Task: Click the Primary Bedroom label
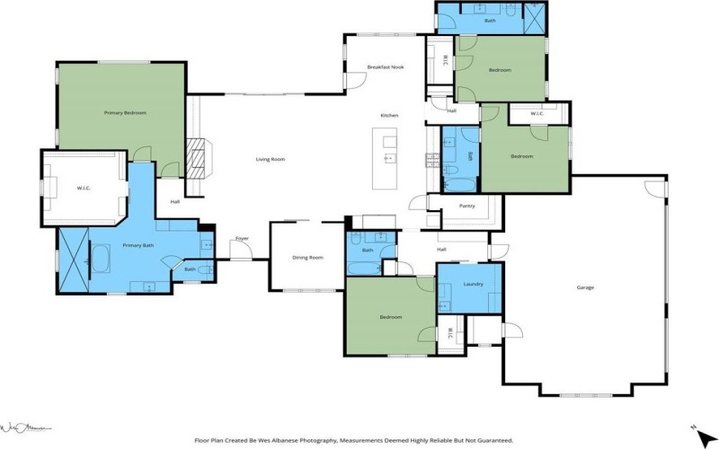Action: tap(125, 113)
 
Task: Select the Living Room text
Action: tap(270, 160)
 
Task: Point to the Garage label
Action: tap(585, 287)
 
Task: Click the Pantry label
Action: tap(466, 207)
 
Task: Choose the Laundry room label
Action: tap(474, 284)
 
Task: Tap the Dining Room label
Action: tap(307, 258)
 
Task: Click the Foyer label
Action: tap(242, 238)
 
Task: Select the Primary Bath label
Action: tap(138, 245)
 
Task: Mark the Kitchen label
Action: tap(389, 116)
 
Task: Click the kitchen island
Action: tap(388, 159)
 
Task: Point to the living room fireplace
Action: tap(200, 158)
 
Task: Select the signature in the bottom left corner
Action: tap(27, 427)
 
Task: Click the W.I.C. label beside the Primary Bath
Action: tap(83, 188)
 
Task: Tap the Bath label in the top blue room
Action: tap(490, 20)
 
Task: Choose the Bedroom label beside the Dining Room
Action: tap(390, 317)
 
